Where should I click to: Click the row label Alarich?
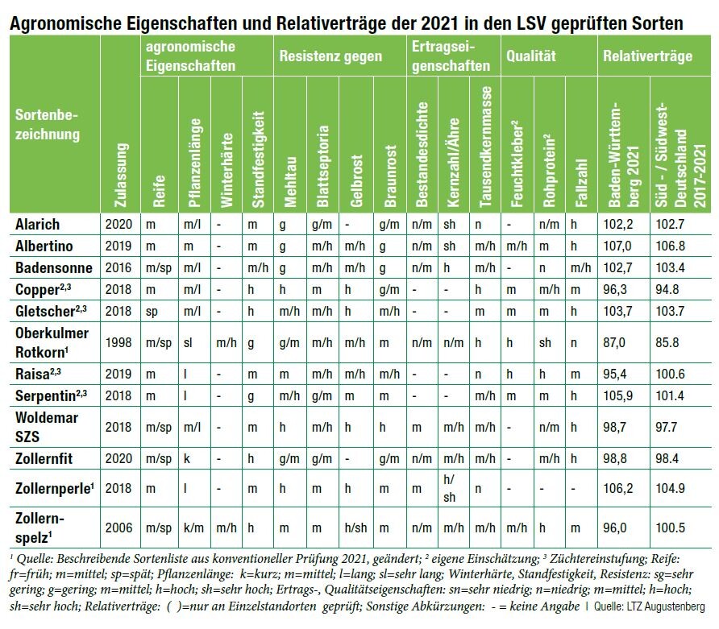click(38, 224)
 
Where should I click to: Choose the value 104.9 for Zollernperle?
click(672, 489)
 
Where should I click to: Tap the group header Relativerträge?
click(647, 56)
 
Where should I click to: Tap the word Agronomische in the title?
click(64, 24)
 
